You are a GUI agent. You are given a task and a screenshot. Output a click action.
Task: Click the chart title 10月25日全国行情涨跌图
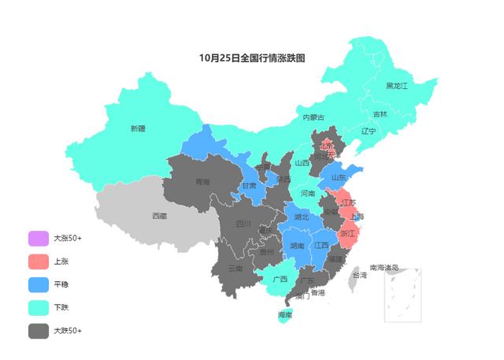(x=252, y=58)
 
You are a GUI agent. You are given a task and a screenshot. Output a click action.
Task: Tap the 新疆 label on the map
(x=138, y=128)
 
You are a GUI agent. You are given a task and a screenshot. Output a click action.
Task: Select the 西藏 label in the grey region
(x=159, y=215)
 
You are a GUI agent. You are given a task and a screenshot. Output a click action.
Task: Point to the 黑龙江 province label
(x=397, y=85)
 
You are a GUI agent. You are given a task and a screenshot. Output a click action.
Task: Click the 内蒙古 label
(x=313, y=117)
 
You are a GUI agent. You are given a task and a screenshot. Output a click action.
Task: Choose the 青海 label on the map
(x=203, y=182)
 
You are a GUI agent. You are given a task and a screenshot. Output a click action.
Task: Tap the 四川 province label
(x=244, y=223)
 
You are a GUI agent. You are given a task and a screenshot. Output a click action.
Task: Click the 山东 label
(x=339, y=178)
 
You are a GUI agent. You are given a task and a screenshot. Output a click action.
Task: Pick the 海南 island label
(x=285, y=315)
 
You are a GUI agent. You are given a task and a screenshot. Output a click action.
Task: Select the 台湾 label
(x=359, y=276)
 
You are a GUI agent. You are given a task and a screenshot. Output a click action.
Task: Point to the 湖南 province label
(x=297, y=246)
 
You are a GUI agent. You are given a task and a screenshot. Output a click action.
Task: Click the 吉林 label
(x=380, y=114)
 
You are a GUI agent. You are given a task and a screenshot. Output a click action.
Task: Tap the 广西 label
(x=280, y=279)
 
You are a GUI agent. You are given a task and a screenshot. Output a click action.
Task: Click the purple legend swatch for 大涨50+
(x=38, y=238)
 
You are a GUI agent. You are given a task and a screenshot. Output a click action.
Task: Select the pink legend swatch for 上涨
(x=38, y=261)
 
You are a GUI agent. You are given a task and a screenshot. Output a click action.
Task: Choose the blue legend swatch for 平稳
(x=38, y=284)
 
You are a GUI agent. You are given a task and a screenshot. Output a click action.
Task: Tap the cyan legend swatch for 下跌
(x=38, y=307)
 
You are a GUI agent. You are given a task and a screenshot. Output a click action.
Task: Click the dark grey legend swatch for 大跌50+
(x=38, y=331)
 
